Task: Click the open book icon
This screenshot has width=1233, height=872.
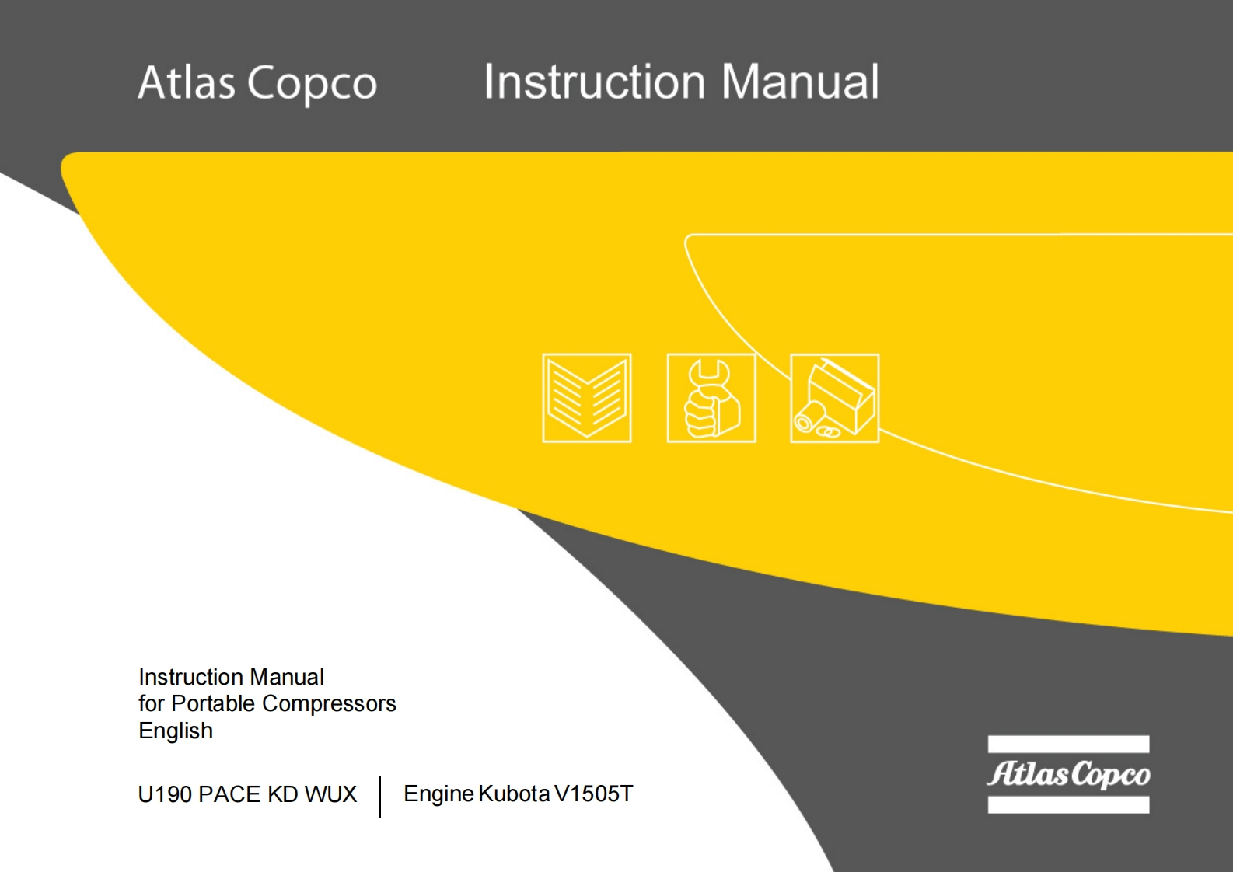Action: point(586,398)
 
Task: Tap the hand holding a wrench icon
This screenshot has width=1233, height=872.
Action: point(711,398)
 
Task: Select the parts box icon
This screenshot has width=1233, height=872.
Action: point(834,398)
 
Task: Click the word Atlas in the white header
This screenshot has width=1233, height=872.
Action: point(187,82)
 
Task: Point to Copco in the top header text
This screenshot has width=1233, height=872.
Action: point(312,84)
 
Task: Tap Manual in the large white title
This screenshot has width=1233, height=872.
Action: point(800,82)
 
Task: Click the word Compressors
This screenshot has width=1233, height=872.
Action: point(329,703)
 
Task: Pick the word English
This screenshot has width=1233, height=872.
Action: point(176,731)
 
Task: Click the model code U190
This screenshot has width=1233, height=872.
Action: point(165,794)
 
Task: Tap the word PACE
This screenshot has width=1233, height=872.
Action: point(229,794)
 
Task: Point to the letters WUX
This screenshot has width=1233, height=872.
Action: point(330,794)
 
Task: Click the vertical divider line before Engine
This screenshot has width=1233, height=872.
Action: point(380,797)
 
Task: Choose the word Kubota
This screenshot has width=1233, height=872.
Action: point(514,794)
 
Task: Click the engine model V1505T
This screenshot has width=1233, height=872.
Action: point(594,794)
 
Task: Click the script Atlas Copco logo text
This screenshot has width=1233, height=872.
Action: point(1068,774)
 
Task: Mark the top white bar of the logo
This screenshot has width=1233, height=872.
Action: point(1068,744)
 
